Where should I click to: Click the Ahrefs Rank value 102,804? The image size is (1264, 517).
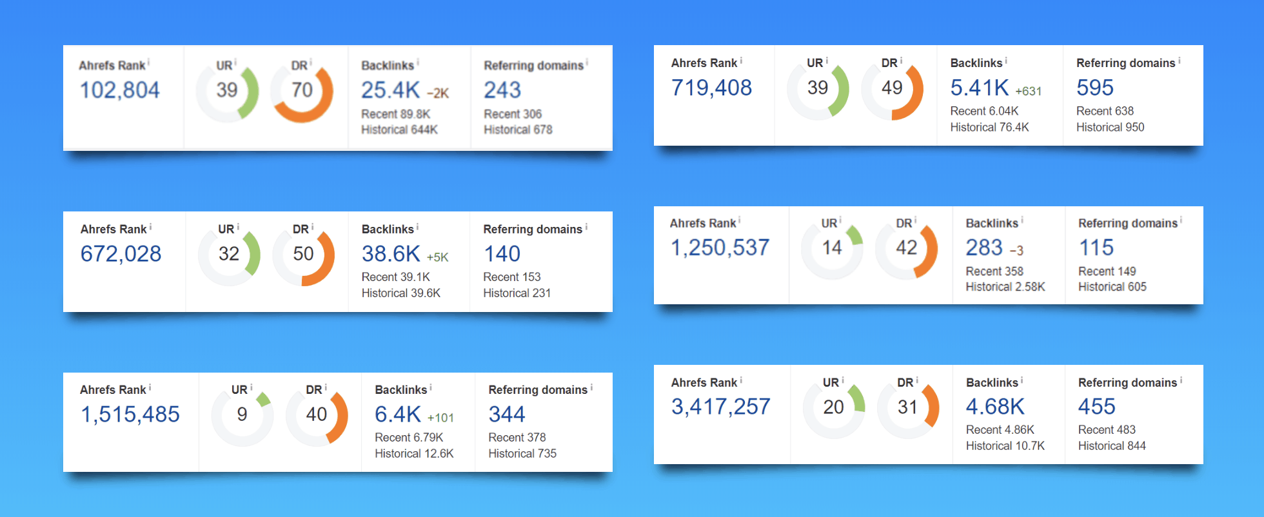point(119,90)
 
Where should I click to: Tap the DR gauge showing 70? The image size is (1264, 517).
point(302,91)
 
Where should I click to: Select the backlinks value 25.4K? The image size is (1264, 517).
point(390,90)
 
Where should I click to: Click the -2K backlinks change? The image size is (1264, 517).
point(438,93)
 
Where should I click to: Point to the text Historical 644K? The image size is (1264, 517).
point(399,130)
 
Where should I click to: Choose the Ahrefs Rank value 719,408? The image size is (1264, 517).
point(711,88)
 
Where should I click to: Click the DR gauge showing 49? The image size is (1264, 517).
point(892,88)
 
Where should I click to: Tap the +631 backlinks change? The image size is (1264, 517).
point(1028,92)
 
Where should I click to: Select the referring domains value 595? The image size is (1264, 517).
point(1095,88)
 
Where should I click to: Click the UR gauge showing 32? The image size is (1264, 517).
point(229,255)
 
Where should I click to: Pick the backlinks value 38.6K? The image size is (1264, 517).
point(391,254)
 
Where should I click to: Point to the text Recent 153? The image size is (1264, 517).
point(512,277)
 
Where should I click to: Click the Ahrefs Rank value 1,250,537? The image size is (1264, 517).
point(720,248)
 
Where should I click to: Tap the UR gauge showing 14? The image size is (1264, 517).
point(832,248)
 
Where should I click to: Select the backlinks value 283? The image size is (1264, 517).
point(984,248)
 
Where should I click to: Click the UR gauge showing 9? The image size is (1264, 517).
point(242,415)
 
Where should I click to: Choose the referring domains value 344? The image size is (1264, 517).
point(507,415)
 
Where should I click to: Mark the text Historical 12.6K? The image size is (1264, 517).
point(414,454)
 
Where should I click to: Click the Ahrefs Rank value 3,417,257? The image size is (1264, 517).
point(721,407)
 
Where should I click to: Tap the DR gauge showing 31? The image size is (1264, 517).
point(907,407)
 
